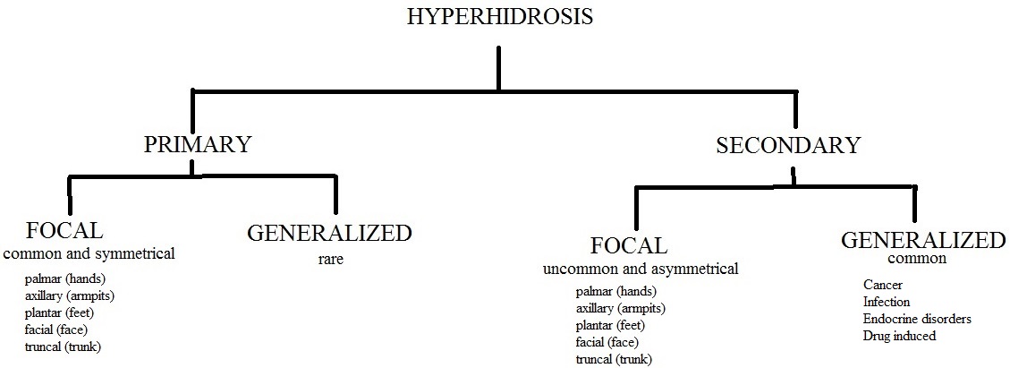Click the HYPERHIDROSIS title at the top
500,16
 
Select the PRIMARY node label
197,144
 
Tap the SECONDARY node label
788,145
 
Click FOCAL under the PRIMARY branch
64,230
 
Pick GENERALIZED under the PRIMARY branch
329,233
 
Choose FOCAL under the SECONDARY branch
629,245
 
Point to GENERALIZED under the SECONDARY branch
923,240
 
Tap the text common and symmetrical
89,253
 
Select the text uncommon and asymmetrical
641,269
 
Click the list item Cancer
883,285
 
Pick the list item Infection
887,302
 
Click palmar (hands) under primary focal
65,279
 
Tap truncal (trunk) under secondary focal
614,360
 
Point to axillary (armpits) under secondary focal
621,309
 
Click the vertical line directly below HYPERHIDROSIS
498,67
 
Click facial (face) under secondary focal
607,343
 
